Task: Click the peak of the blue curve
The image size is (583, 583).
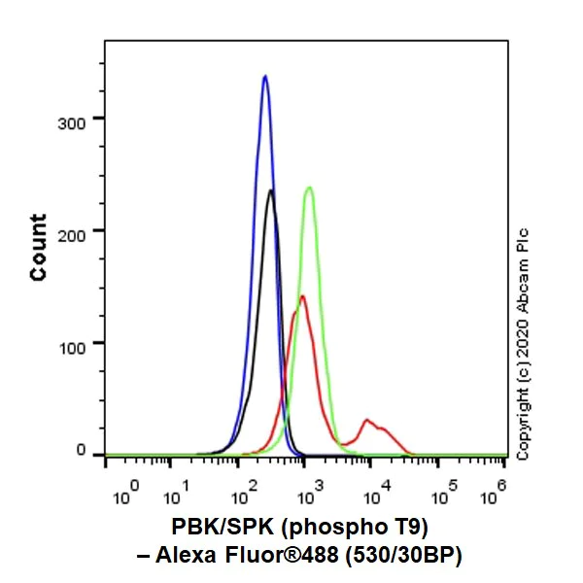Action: coord(264,76)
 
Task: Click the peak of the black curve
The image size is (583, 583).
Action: coord(270,190)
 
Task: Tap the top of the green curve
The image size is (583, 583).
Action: coord(309,188)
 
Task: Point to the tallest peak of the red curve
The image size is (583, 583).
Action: coord(301,296)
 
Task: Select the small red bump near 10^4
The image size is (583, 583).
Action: coord(367,421)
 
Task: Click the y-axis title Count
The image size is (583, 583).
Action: coord(39,248)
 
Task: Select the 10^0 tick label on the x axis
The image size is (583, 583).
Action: coord(127,494)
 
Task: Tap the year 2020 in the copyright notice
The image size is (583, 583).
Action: coord(523,369)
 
